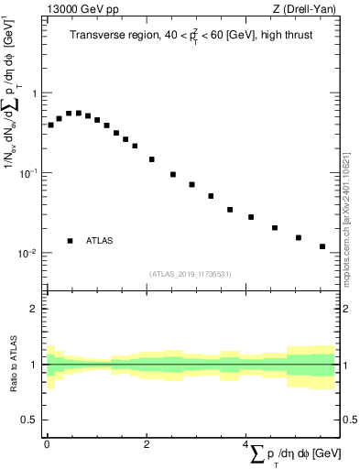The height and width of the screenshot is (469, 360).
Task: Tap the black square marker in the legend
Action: tap(70, 241)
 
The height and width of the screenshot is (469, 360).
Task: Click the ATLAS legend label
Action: tap(100, 241)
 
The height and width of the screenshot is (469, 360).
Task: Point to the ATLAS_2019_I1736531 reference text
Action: tap(191, 274)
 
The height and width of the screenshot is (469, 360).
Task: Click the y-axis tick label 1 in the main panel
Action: tap(34, 93)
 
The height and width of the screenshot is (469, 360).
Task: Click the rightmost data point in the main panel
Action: tap(322, 246)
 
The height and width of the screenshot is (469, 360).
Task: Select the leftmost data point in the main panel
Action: tap(50, 125)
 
